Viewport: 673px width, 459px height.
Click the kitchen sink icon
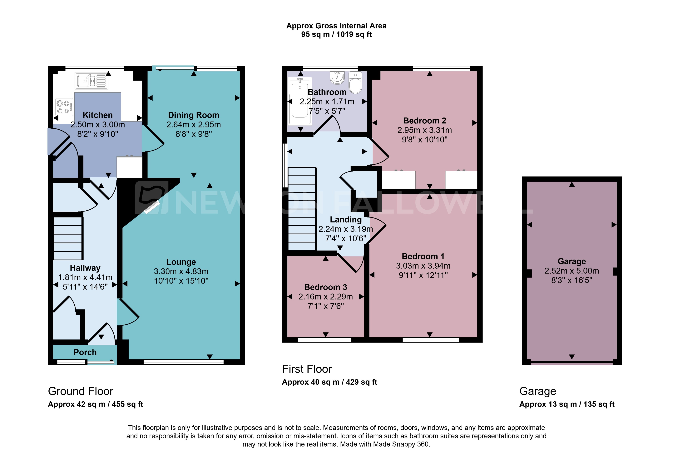(x=92, y=81)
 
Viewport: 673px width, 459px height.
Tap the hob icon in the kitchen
(x=64, y=107)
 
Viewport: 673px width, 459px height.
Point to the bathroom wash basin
(x=337, y=78)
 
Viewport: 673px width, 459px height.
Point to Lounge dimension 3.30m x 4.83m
(x=181, y=271)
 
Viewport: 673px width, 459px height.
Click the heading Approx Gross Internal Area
(x=336, y=26)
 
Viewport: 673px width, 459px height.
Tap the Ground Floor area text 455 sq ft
(x=127, y=404)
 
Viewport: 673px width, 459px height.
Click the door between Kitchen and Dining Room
(x=153, y=139)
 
